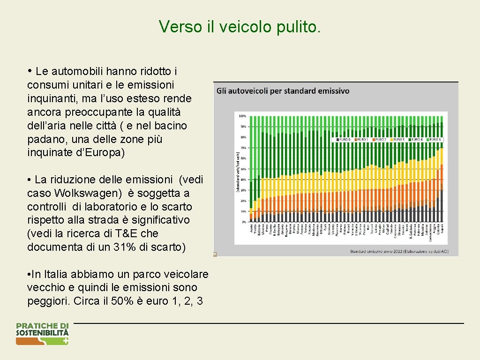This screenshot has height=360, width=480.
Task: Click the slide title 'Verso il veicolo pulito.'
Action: pyautogui.click(x=240, y=27)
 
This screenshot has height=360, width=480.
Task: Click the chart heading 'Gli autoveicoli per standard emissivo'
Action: pyautogui.click(x=283, y=91)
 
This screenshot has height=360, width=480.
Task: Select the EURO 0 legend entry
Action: pyautogui.click(x=344, y=139)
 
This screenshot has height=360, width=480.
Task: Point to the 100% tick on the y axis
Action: pyautogui.click(x=242, y=115)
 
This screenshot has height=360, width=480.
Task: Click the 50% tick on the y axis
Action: pyautogui.click(x=243, y=169)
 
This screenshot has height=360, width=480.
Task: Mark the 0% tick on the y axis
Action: pyautogui.click(x=244, y=222)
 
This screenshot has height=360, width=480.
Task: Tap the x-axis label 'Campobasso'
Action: pyautogui.click(x=431, y=232)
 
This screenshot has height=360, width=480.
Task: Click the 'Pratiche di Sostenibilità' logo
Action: pyautogui.click(x=42, y=334)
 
